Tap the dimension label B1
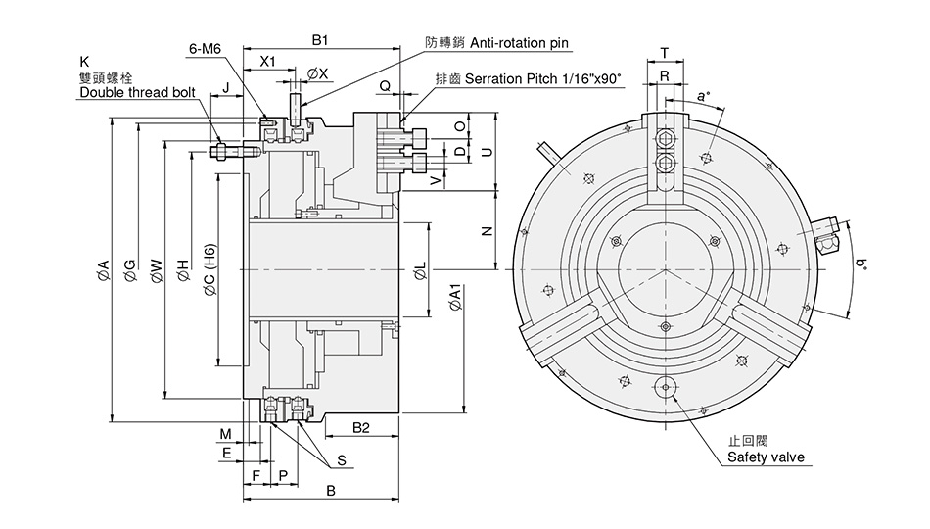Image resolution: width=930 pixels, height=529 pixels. pyautogui.click(x=319, y=40)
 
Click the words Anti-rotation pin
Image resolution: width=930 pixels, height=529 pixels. pyautogui.click(x=519, y=43)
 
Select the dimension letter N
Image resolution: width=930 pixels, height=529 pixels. pyautogui.click(x=487, y=231)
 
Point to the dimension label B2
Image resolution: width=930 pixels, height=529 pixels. pyautogui.click(x=360, y=428)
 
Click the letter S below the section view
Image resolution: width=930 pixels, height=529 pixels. pyautogui.click(x=342, y=459)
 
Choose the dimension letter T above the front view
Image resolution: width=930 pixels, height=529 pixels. pyautogui.click(x=665, y=52)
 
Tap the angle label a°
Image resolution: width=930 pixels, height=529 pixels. pyautogui.click(x=702, y=96)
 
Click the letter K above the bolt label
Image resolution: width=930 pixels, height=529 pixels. pyautogui.click(x=84, y=61)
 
